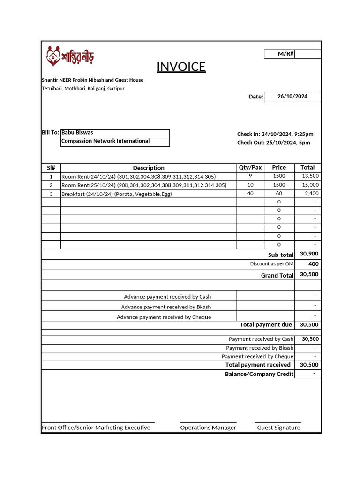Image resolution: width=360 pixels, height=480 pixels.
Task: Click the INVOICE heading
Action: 181,67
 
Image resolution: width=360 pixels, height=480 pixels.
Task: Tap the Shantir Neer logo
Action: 70,56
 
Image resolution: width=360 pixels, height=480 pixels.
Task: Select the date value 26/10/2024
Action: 292,97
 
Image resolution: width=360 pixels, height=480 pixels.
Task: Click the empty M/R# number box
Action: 307,54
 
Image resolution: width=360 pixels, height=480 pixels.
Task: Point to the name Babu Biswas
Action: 77,133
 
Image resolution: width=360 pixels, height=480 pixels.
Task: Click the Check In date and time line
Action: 275,135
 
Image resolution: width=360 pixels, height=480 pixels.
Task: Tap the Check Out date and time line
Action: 273,143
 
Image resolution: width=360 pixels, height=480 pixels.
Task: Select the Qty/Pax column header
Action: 250,168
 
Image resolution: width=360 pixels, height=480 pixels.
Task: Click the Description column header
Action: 149,168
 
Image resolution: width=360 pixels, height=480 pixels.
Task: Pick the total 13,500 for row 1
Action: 310,176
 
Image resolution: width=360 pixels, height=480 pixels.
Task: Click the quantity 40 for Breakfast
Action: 250,194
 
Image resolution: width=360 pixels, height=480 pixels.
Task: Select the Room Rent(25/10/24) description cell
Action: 144,185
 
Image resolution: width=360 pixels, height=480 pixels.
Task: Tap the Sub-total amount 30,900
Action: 309,254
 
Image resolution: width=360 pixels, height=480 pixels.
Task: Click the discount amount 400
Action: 313,264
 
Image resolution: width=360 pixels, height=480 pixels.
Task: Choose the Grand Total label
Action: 277,276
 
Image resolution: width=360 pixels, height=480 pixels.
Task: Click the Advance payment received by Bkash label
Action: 166,307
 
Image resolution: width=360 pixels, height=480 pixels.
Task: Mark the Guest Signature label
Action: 278,427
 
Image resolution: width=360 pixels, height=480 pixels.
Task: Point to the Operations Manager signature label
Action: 208,427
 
